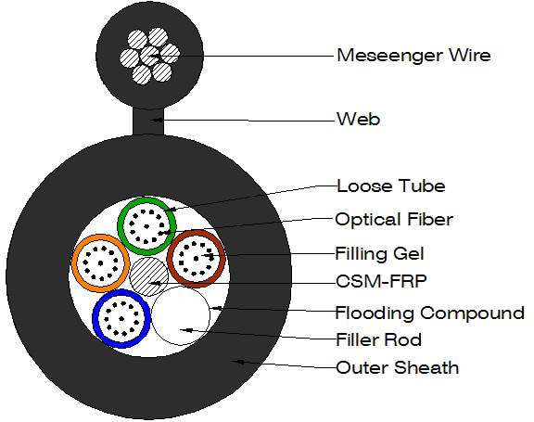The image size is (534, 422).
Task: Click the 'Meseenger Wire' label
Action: (x=413, y=55)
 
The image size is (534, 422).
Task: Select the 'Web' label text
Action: (x=358, y=120)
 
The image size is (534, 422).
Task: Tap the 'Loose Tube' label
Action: (x=391, y=186)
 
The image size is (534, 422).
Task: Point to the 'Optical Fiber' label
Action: (x=394, y=219)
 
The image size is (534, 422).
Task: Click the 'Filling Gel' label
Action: (x=380, y=254)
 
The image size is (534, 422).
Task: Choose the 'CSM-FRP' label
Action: (x=381, y=281)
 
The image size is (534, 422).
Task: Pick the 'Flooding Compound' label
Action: (x=430, y=313)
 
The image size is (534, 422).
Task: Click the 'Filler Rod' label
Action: (x=378, y=339)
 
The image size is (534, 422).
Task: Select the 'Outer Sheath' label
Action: (x=397, y=368)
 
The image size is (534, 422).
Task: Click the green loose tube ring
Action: (x=146, y=199)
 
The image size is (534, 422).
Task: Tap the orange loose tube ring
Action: (x=101, y=237)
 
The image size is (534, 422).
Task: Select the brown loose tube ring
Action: (x=196, y=233)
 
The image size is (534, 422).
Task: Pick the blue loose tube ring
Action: (x=121, y=291)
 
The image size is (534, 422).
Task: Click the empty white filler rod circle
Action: (x=181, y=315)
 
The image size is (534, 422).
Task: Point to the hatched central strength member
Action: (x=149, y=276)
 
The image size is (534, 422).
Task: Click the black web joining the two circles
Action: (x=148, y=121)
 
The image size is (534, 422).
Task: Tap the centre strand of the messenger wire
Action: (x=149, y=56)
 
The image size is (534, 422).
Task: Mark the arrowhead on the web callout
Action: (x=156, y=120)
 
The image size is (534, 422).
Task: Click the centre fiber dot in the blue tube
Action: (x=121, y=319)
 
